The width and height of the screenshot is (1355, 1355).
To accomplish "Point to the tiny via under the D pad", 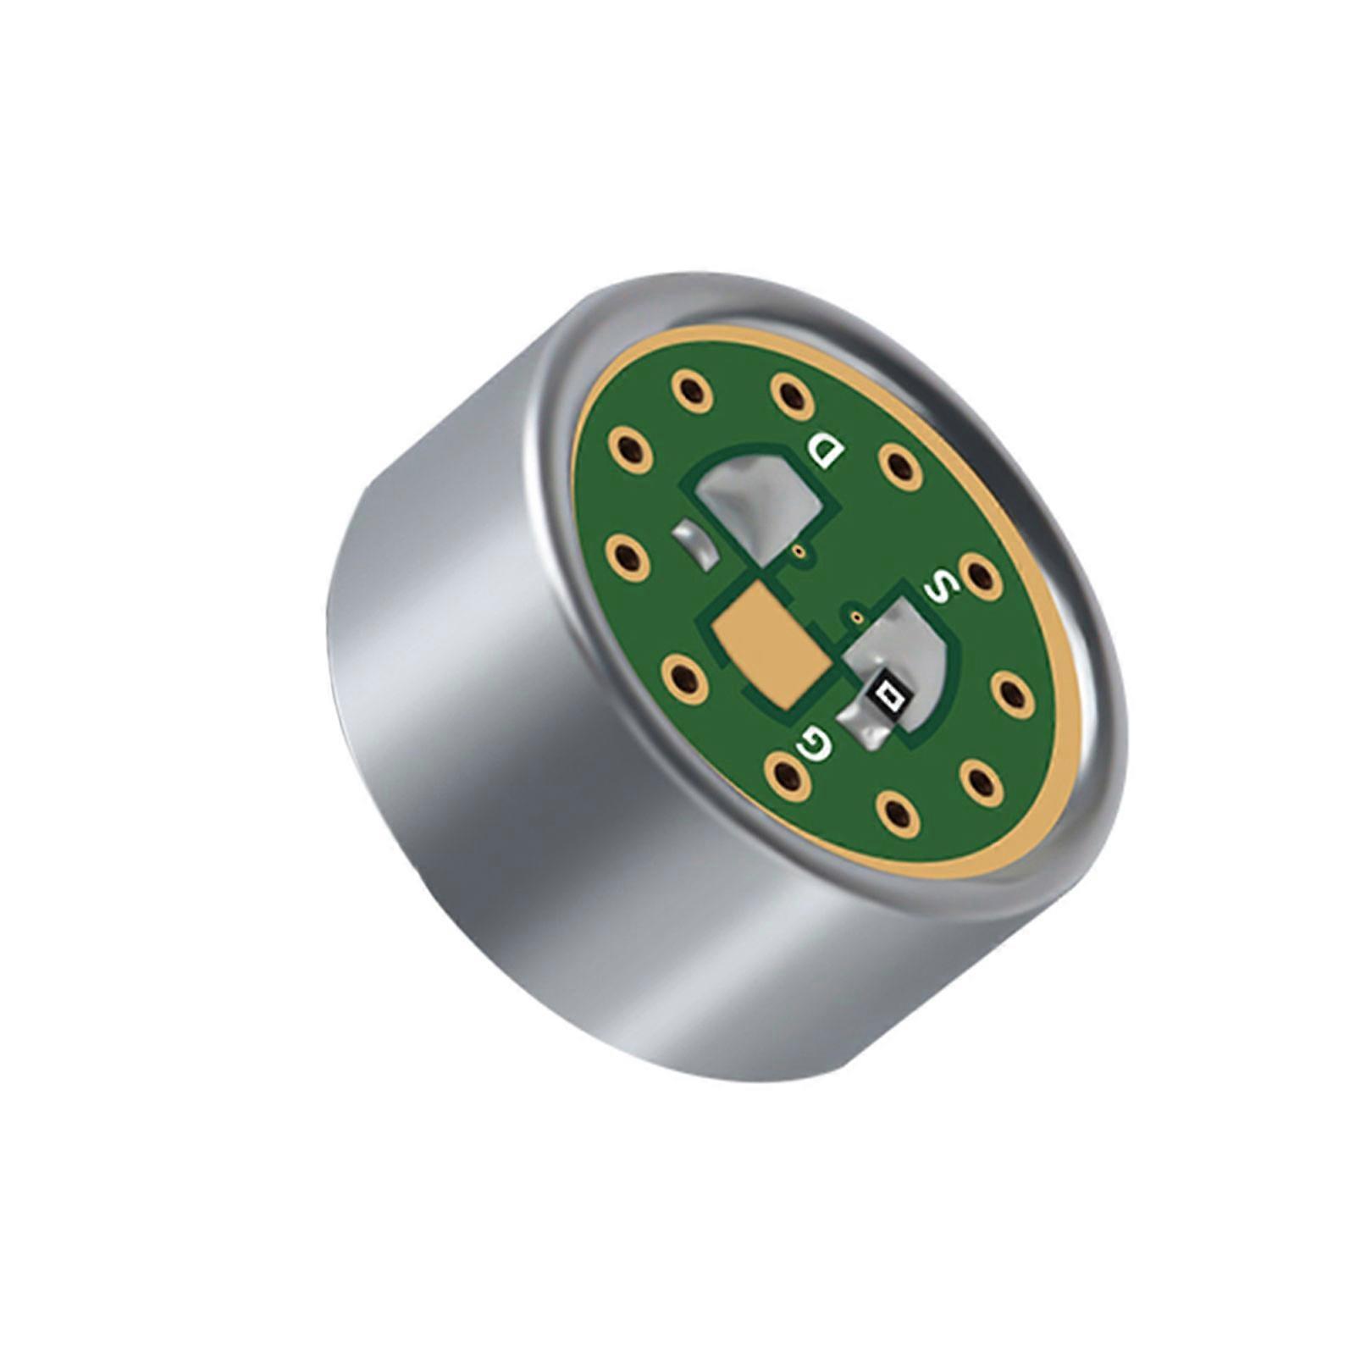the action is tap(800, 551).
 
